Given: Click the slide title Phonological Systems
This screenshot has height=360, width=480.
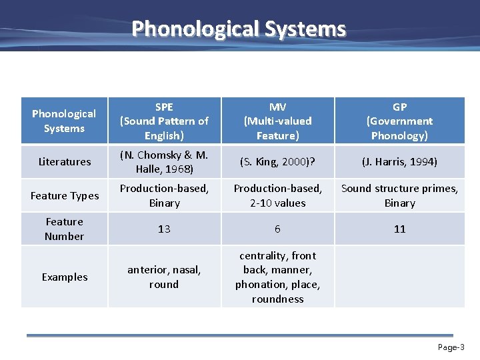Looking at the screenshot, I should click(x=239, y=29).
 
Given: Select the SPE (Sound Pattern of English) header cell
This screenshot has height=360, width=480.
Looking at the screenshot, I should click(x=164, y=121).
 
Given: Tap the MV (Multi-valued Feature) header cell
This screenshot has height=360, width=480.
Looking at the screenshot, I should click(x=277, y=121).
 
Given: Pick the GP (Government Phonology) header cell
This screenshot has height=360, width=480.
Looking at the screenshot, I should click(x=399, y=121).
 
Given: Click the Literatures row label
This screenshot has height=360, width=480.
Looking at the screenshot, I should click(x=65, y=161).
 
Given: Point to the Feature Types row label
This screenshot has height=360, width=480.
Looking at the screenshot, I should click(x=65, y=195).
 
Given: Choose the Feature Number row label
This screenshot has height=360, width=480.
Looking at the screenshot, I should click(x=65, y=229).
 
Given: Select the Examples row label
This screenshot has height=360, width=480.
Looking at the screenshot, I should click(x=65, y=277).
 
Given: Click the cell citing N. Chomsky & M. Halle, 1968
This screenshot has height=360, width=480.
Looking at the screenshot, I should click(x=164, y=161).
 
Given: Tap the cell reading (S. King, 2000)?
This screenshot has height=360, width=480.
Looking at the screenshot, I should click(x=277, y=161).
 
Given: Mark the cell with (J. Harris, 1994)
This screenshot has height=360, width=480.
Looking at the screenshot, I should click(x=399, y=161).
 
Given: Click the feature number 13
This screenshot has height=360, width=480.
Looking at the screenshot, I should click(x=164, y=229).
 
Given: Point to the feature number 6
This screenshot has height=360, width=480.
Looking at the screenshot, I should click(x=277, y=229).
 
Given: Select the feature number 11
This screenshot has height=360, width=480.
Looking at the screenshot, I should click(x=399, y=229).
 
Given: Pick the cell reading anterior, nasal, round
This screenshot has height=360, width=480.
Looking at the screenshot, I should click(x=164, y=277).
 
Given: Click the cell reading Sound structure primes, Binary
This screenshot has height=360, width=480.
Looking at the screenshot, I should click(x=399, y=195).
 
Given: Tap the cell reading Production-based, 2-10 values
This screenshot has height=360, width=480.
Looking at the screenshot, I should click(x=277, y=195).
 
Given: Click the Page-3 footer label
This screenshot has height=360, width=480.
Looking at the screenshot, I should click(x=451, y=347).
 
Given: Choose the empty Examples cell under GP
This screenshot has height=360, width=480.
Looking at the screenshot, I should click(x=399, y=277).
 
